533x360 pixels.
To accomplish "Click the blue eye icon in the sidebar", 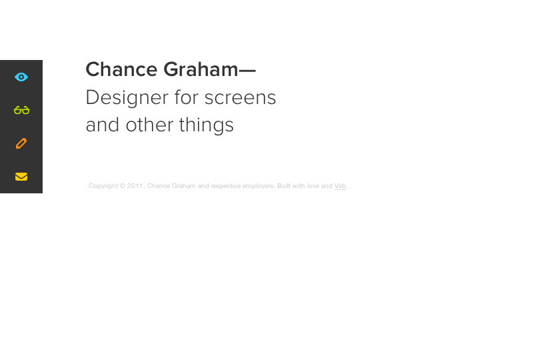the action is coord(21,77).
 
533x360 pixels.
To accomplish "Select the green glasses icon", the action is coord(21,110).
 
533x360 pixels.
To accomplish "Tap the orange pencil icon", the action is coord(21,143).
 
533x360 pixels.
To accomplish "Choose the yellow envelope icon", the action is coord(21,177).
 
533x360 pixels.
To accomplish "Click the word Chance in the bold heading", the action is coord(121,69).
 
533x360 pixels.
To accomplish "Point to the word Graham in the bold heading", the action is coord(201,69).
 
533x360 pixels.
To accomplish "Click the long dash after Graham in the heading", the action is coord(247,71).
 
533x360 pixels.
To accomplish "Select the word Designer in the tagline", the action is coord(127,97).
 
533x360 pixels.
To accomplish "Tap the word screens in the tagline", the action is coord(240,97).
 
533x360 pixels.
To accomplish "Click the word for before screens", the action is coord(187,97).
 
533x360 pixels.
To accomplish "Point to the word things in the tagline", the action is coord(207,125).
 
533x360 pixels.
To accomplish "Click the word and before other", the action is coord(103,125).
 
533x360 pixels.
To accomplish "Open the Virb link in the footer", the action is coord(340,186).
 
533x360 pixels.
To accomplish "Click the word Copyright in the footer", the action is coord(103,186).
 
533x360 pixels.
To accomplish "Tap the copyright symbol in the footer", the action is coord(123,186).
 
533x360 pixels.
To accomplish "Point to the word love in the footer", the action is coord(313,186).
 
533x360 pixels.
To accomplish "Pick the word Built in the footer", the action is coord(284,186).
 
